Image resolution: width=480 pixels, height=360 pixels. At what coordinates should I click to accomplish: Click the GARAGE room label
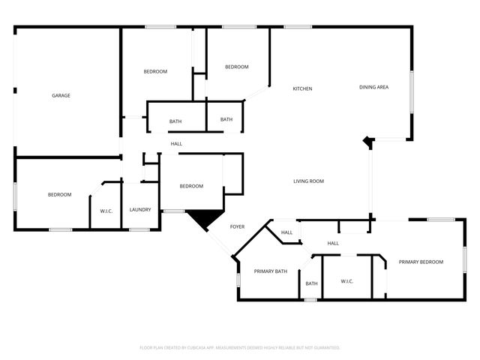[61, 95]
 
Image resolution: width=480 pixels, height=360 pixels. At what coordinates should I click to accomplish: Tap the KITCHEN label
[302, 89]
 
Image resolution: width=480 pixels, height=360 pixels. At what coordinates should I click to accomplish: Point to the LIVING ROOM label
[308, 181]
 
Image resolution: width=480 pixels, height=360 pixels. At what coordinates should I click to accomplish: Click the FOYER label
[237, 226]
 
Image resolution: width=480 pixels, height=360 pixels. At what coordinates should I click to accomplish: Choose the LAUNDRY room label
[140, 210]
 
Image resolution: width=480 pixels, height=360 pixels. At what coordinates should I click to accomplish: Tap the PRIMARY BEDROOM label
[421, 262]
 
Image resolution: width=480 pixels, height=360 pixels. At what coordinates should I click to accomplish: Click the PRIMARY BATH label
[271, 271]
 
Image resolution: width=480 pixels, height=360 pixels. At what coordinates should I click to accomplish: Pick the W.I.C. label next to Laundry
[106, 211]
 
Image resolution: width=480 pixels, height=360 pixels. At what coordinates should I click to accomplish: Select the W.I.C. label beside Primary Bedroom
[346, 281]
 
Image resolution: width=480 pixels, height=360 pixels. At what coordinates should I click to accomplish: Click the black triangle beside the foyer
[202, 218]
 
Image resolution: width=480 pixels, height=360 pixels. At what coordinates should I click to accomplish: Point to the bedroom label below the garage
[59, 195]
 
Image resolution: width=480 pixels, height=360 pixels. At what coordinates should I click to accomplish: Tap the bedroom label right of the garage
[155, 71]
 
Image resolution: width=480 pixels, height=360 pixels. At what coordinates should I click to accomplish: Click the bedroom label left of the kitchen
[236, 67]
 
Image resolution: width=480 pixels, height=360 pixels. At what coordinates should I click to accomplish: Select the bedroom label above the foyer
[190, 187]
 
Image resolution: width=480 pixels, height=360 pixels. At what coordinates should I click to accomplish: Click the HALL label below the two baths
[176, 144]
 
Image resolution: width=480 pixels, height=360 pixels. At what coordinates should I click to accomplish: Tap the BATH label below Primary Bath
[311, 283]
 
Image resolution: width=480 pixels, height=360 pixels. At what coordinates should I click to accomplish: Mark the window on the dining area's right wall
[410, 92]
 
